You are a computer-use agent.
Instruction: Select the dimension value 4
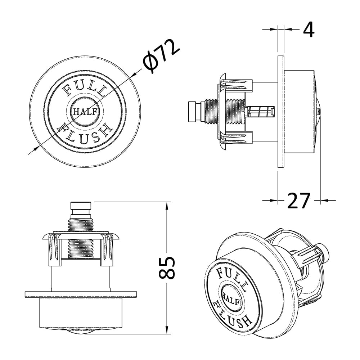[309, 30]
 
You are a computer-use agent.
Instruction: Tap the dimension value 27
[299, 201]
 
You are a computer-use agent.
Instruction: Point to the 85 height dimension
[167, 268]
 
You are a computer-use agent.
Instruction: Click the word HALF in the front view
[85, 112]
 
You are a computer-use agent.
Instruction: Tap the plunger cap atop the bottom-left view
[81, 206]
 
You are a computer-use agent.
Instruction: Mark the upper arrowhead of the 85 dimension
[167, 206]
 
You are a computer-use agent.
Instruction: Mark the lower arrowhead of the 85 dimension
[167, 330]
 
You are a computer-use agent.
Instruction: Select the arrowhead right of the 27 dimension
[325, 201]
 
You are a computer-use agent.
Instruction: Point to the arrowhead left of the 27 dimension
[274, 201]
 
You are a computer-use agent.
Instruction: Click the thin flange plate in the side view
[281, 112]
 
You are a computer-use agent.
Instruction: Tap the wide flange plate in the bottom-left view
[81, 295]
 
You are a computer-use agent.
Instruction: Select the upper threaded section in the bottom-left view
[81, 225]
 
